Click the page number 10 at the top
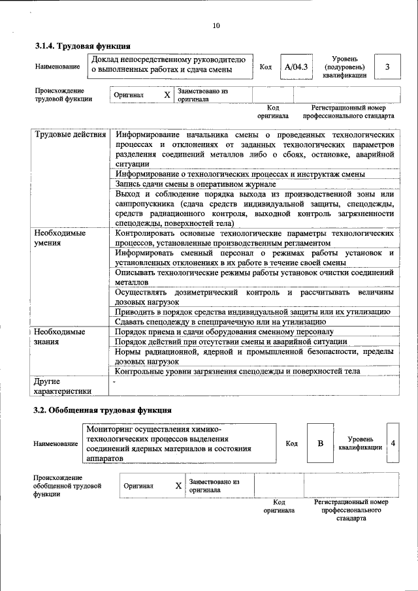coord(216,25)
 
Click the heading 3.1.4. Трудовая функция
coord(82,46)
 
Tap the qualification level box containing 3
coord(387,67)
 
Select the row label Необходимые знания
coord(61,336)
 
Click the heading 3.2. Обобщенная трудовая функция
coord(103,410)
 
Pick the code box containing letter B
coord(321,443)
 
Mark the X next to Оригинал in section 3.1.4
coord(167,95)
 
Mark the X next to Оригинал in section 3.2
coord(178,486)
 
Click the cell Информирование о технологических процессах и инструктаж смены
coord(240,174)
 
